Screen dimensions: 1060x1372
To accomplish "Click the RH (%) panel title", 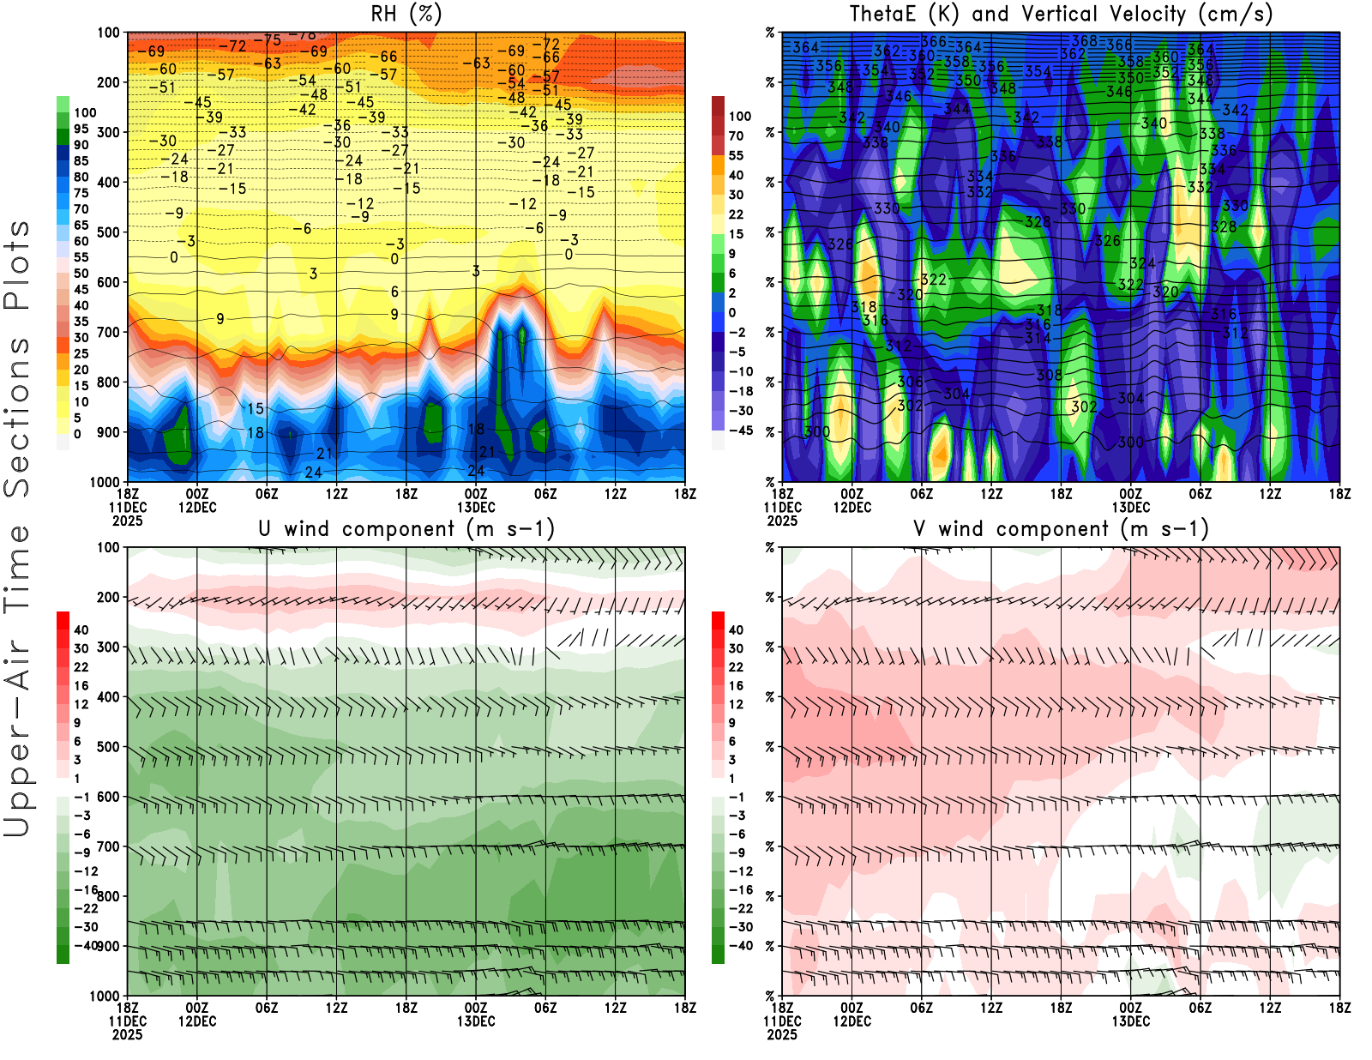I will pyautogui.click(x=406, y=15).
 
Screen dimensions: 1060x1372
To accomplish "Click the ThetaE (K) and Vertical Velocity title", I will pyautogui.click(x=1061, y=15).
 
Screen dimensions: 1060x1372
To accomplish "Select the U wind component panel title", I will pyautogui.click(x=406, y=529).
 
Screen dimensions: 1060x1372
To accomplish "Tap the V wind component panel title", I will pyautogui.click(x=1061, y=529).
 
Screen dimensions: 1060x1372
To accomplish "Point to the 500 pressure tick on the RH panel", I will pyautogui.click(x=109, y=232).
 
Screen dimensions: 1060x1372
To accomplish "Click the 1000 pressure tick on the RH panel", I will pyautogui.click(x=105, y=482).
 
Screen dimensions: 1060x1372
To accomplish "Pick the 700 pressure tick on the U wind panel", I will pyautogui.click(x=109, y=847).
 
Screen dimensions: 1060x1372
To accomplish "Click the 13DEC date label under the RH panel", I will pyautogui.click(x=476, y=507).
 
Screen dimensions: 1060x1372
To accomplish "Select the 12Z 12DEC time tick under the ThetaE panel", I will pyautogui.click(x=991, y=494).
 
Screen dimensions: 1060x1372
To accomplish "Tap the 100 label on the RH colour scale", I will pyautogui.click(x=85, y=113).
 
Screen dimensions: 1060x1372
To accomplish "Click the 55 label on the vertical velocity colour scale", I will pyautogui.click(x=736, y=156).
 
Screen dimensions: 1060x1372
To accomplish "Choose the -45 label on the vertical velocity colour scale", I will pyautogui.click(x=741, y=431).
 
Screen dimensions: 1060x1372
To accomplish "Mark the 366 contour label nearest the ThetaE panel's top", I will pyautogui.click(x=934, y=42).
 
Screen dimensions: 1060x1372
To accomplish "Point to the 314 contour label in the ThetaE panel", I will pyautogui.click(x=1038, y=338).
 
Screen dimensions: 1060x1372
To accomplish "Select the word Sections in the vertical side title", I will pyautogui.click(x=17, y=417).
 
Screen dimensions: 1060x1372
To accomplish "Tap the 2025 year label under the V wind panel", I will pyautogui.click(x=782, y=1034).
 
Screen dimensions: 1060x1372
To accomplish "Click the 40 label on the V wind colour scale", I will pyautogui.click(x=736, y=630).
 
